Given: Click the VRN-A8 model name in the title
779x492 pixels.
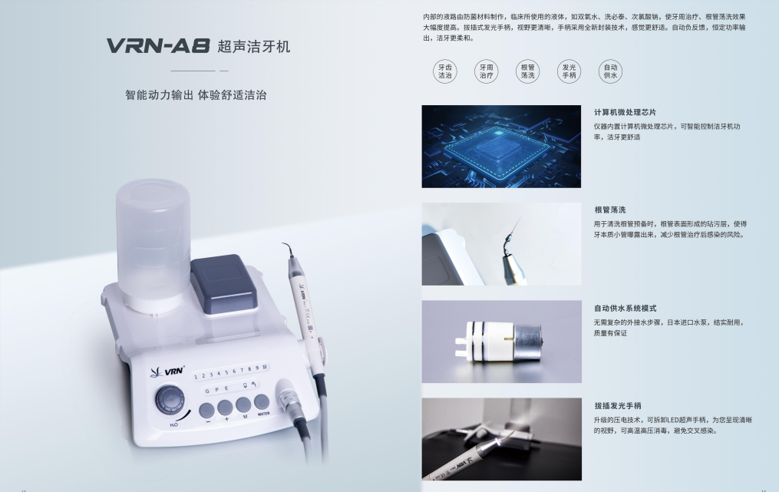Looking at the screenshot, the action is (x=158, y=46).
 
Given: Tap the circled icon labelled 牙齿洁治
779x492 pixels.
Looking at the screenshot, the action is (x=444, y=71).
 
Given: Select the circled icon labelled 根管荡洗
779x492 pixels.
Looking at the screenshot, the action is (x=527, y=71).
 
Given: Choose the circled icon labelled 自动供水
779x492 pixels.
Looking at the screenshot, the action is (x=610, y=71).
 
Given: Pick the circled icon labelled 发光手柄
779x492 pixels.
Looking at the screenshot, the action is (x=569, y=71).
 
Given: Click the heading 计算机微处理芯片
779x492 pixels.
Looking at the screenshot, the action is (x=625, y=112).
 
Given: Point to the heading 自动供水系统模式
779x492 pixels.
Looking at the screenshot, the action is (x=625, y=308).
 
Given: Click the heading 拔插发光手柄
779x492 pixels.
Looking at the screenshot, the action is (x=618, y=405).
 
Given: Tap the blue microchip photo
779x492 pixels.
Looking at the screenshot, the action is (x=501, y=146).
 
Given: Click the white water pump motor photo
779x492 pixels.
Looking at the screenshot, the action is (x=501, y=342).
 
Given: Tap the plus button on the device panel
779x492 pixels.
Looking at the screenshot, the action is (x=225, y=408).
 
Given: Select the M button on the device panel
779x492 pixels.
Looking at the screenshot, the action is (x=243, y=405).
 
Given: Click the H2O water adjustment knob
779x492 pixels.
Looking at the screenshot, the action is (x=170, y=398).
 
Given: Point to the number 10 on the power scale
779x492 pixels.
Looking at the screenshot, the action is (x=265, y=367).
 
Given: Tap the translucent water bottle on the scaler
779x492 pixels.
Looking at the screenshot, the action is (x=153, y=243).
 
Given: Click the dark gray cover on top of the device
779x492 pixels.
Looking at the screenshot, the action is (x=224, y=284).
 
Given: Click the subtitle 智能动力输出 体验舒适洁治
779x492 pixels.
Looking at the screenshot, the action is (x=196, y=95).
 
